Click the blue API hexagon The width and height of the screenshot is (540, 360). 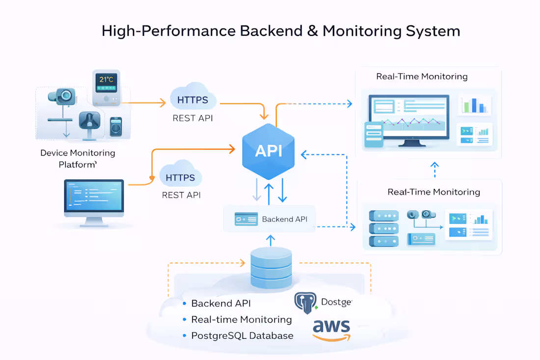pyautogui.click(x=269, y=151)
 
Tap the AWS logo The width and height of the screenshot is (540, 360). pyautogui.click(x=332, y=330)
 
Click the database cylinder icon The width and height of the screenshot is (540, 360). pyautogui.click(x=271, y=268)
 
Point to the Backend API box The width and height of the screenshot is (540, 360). pyautogui.click(x=270, y=219)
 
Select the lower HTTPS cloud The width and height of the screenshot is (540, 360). pyautogui.click(x=180, y=177)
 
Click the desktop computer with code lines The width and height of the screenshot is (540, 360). pyautogui.click(x=94, y=198)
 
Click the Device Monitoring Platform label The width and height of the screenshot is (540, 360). pyautogui.click(x=78, y=159)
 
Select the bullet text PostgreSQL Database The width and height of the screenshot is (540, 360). pyautogui.click(x=242, y=336)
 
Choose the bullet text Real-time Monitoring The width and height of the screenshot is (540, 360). pyautogui.click(x=242, y=320)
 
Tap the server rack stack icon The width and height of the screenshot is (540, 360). pyautogui.click(x=383, y=228)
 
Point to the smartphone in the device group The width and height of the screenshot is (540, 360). pyautogui.click(x=116, y=126)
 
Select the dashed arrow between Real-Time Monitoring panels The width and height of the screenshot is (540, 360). pyautogui.click(x=434, y=169)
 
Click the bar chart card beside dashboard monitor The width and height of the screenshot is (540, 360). pyautogui.click(x=474, y=105)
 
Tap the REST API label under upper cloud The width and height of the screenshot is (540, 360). pyautogui.click(x=192, y=118)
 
